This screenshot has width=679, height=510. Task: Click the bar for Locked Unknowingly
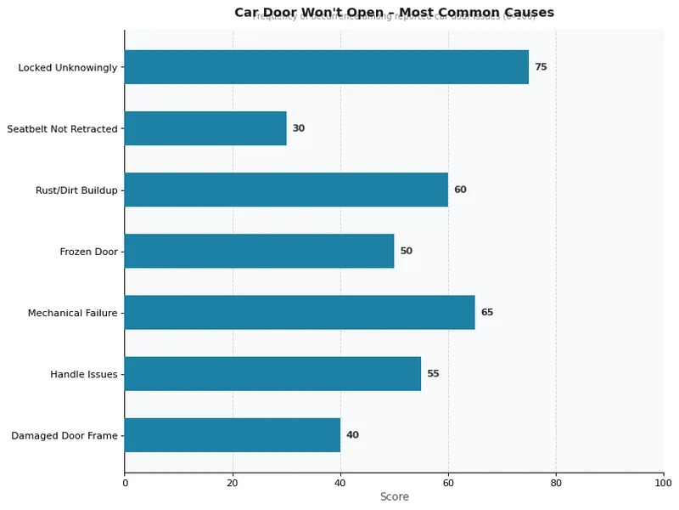(327, 67)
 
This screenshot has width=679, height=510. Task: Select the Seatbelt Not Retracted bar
(205, 128)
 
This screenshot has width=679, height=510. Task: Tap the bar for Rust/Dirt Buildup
(286, 190)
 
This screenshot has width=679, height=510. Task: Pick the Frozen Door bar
(259, 251)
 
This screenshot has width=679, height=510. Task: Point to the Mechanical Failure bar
(300, 312)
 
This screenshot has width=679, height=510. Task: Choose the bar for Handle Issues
(272, 373)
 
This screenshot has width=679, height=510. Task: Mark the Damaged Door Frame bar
(233, 434)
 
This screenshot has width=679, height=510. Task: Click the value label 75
(541, 67)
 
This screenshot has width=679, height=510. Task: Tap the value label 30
(299, 128)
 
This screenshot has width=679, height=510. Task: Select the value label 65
(487, 312)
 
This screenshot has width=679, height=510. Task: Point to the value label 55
(433, 373)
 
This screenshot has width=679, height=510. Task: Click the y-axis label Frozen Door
(88, 252)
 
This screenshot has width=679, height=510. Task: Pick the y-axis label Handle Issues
(83, 374)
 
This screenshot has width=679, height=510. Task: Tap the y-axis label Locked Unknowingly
(67, 68)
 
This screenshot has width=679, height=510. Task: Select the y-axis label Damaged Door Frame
(64, 435)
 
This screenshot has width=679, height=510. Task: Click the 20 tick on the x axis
(233, 483)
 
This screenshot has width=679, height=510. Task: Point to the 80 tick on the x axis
(556, 483)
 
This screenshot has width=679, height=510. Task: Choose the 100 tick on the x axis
(663, 483)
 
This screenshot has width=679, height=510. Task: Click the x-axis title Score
(394, 497)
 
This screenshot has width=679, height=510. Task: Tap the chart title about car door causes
(394, 13)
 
